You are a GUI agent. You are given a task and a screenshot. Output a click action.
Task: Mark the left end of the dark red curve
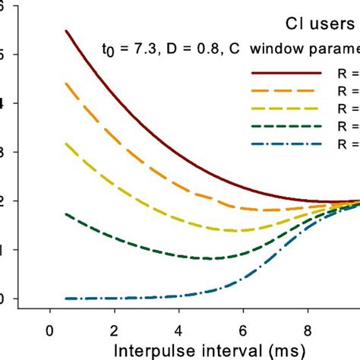(x=66, y=31)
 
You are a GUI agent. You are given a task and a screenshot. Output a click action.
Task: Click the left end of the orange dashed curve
(x=66, y=84)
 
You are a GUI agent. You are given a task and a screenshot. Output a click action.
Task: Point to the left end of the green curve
(x=66, y=214)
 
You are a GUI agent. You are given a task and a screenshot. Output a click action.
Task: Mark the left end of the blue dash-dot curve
(x=66, y=298)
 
